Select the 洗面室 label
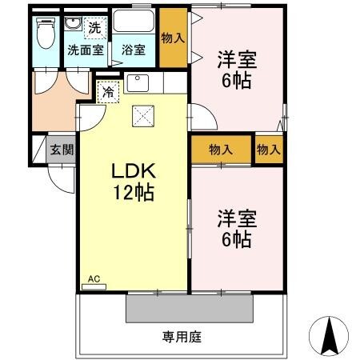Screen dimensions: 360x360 coord(85,50)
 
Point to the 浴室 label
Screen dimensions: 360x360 coord(134,50)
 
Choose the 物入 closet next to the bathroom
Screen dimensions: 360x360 coord(173,38)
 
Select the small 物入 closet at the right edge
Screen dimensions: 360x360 coord(269,149)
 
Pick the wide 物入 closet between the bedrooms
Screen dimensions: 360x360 coord(221,149)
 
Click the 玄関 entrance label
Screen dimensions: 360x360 coord(61,150)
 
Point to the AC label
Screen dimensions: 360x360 coord(94,279)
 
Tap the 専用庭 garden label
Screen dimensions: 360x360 coord(182,337)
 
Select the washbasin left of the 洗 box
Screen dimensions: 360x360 coord(74,26)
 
